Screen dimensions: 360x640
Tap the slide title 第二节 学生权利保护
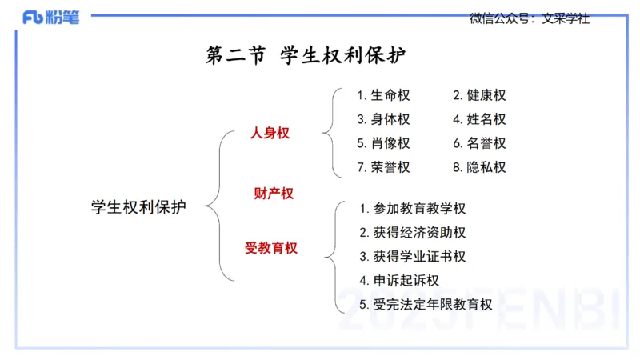click(x=306, y=57)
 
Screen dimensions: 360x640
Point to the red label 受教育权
click(x=271, y=248)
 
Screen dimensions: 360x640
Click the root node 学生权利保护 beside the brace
click(x=138, y=207)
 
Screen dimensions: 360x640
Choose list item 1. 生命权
click(x=383, y=95)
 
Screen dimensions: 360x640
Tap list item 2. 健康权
click(x=479, y=95)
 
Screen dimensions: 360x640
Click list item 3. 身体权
click(x=383, y=119)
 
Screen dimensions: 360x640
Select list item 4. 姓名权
click(x=479, y=119)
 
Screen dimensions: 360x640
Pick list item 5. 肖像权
click(x=383, y=143)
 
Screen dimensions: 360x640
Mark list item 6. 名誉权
click(x=479, y=143)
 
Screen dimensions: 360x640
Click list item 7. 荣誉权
click(x=383, y=167)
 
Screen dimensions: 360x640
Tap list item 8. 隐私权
click(x=479, y=167)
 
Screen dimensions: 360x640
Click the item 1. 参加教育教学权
click(x=412, y=209)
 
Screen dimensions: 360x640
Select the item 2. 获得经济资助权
click(x=412, y=233)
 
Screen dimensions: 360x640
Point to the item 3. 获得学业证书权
click(x=412, y=257)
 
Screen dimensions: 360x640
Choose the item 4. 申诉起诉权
click(x=399, y=281)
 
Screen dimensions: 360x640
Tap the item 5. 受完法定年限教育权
click(x=426, y=305)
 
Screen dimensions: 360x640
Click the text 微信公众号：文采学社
click(x=529, y=18)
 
